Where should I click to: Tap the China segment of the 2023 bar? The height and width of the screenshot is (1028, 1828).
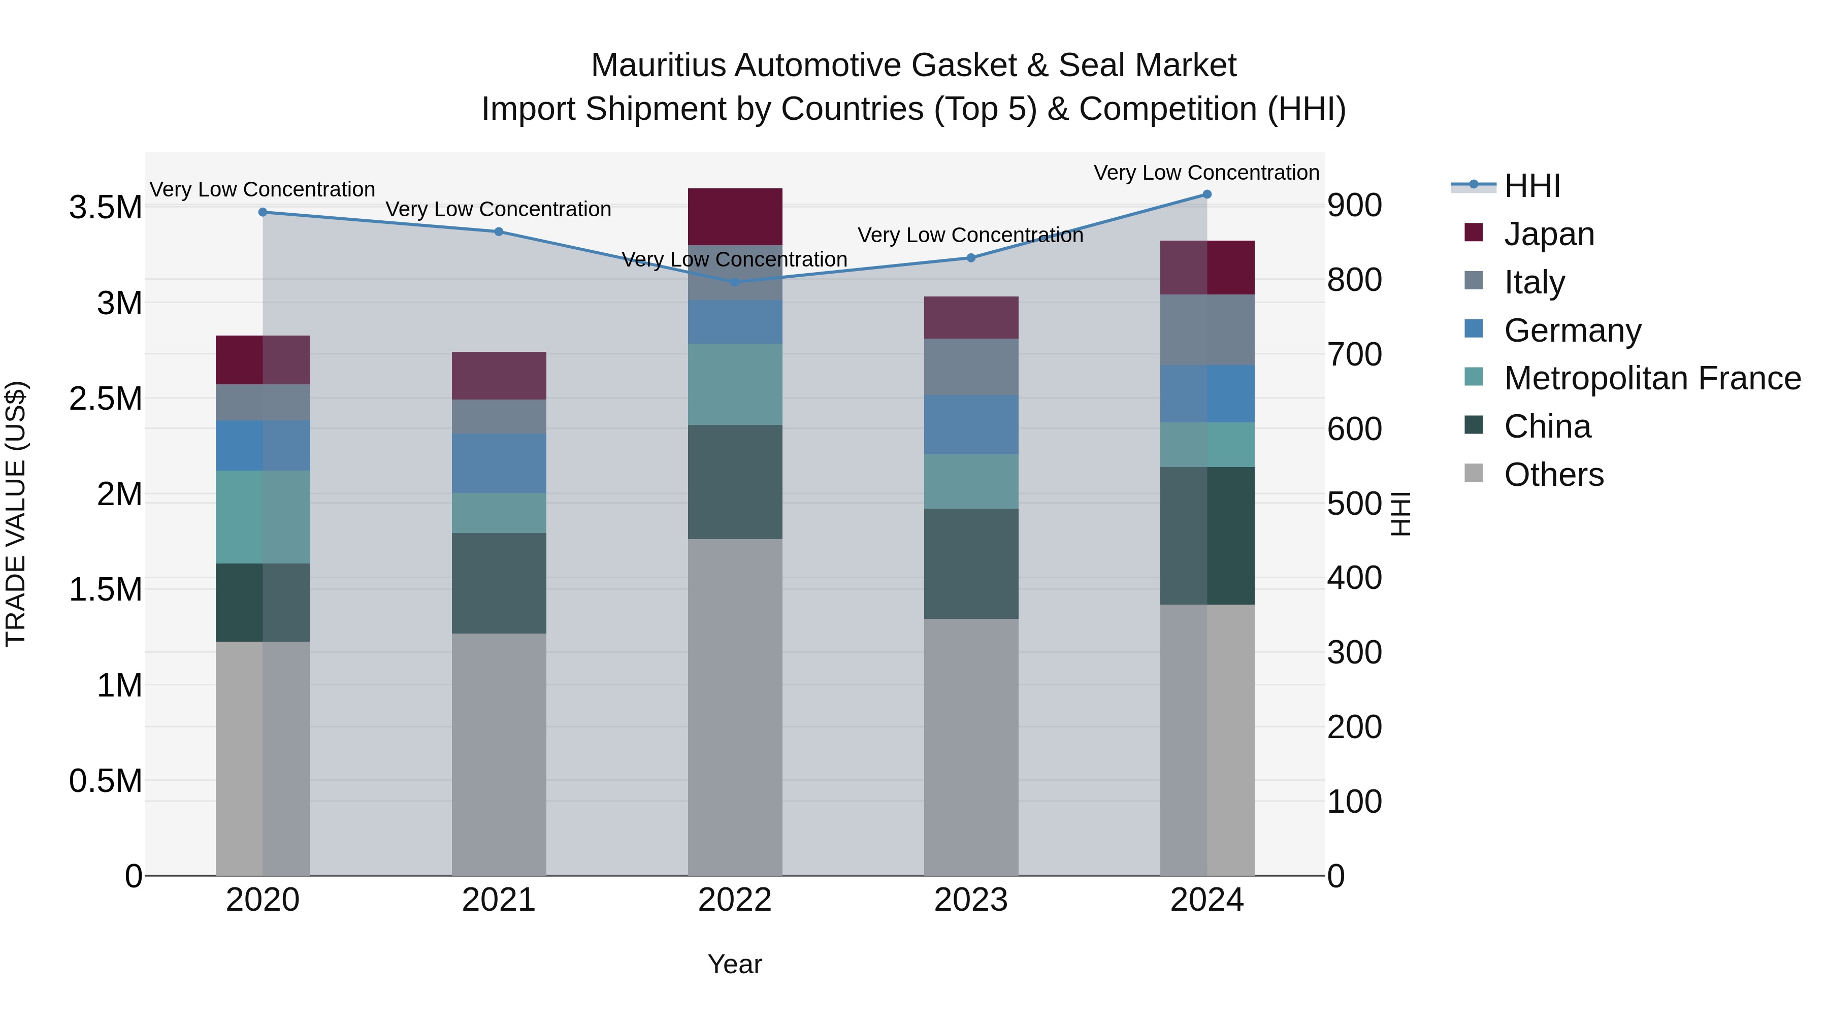971,563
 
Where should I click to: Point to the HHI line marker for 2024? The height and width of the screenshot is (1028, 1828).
1206,194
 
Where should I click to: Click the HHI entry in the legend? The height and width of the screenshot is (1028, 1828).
1531,186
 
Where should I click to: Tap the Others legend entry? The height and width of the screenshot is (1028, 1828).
1553,475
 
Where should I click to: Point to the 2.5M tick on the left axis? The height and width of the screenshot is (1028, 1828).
105,399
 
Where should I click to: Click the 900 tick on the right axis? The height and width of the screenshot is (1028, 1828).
1354,206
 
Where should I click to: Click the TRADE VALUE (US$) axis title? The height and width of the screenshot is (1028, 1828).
16,514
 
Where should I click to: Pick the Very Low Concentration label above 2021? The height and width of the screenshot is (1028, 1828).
498,209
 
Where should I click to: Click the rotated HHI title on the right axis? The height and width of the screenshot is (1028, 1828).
1400,514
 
